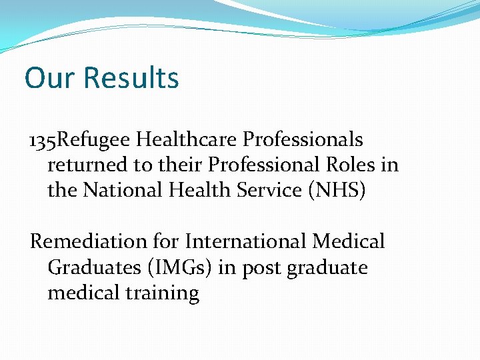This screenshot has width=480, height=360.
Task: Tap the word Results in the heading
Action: tap(131, 78)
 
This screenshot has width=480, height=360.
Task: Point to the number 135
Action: tap(43, 140)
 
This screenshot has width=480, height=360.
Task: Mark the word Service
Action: tap(274, 190)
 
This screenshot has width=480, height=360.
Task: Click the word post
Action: tap(261, 268)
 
